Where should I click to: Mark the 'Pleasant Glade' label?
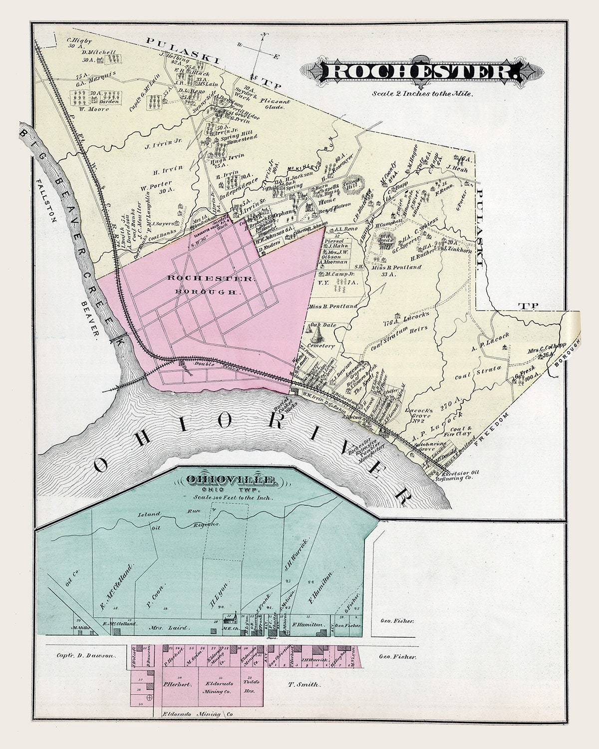(x=275, y=104)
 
